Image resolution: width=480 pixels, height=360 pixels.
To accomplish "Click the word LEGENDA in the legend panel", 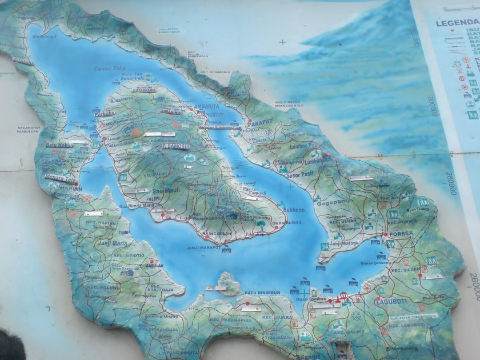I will tap(457, 23).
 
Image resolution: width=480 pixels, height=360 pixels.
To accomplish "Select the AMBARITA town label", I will tap(206, 106).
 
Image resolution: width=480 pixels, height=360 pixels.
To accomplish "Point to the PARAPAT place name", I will tap(259, 122).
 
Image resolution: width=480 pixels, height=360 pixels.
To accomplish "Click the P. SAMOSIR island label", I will tap(175, 146).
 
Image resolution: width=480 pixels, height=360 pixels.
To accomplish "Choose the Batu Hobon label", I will tap(59, 145).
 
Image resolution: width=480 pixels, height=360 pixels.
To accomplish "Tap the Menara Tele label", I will tap(61, 177).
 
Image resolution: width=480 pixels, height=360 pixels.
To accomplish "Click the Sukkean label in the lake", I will tap(294, 210).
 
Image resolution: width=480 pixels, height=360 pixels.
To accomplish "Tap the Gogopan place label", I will tap(331, 202).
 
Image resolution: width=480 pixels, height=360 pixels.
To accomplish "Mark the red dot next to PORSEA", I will tap(385, 235).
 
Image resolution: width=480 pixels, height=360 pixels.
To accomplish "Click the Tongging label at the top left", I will tap(23, 17).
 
